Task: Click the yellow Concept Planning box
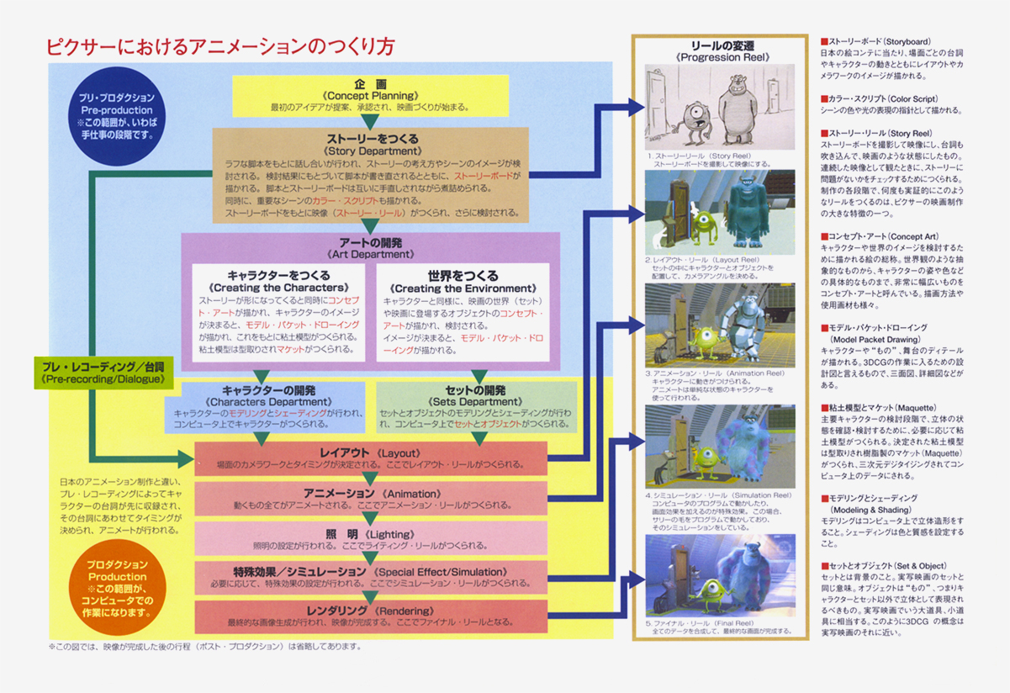tap(369, 96)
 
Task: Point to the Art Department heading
tap(370, 247)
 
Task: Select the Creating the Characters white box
tap(278, 312)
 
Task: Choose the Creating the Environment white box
tap(463, 312)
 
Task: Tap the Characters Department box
tap(267, 406)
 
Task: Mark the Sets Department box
tap(477, 406)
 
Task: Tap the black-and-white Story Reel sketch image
tap(719, 107)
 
